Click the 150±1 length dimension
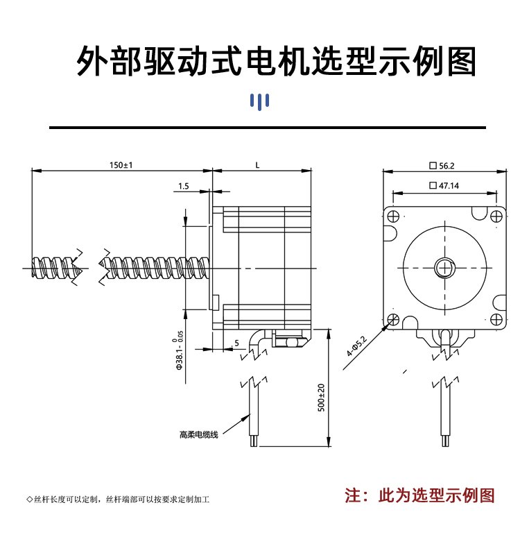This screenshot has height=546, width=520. (x=121, y=165)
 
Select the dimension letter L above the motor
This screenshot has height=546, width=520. (x=257, y=165)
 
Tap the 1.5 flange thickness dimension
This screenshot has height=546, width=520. (x=184, y=186)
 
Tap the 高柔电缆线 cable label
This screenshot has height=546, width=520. (x=199, y=434)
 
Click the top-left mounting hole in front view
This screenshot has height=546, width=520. (x=393, y=215)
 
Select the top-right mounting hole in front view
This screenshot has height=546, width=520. (x=496, y=215)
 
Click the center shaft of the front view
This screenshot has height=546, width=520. (x=444, y=266)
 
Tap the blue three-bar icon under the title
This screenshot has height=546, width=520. (x=259, y=102)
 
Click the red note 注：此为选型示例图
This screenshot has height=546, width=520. (x=420, y=495)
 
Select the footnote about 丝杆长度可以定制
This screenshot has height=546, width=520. (x=117, y=499)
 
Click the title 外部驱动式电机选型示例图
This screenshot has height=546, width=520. (x=277, y=62)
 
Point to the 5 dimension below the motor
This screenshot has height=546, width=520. (x=236, y=343)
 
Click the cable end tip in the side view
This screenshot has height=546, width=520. (x=254, y=442)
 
